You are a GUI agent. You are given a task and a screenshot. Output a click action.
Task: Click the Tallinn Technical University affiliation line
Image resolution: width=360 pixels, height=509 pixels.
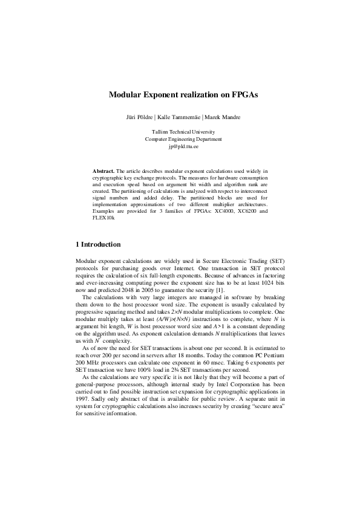pyautogui.click(x=180, y=132)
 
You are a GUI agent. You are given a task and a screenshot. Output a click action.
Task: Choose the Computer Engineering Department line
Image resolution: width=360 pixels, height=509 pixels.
pyautogui.click(x=180, y=139)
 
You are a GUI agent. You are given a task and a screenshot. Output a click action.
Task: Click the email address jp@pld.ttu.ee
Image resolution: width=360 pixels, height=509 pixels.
pyautogui.click(x=180, y=146)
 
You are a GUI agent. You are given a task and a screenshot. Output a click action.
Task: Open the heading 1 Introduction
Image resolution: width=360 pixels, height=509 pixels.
pyautogui.click(x=97, y=245)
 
